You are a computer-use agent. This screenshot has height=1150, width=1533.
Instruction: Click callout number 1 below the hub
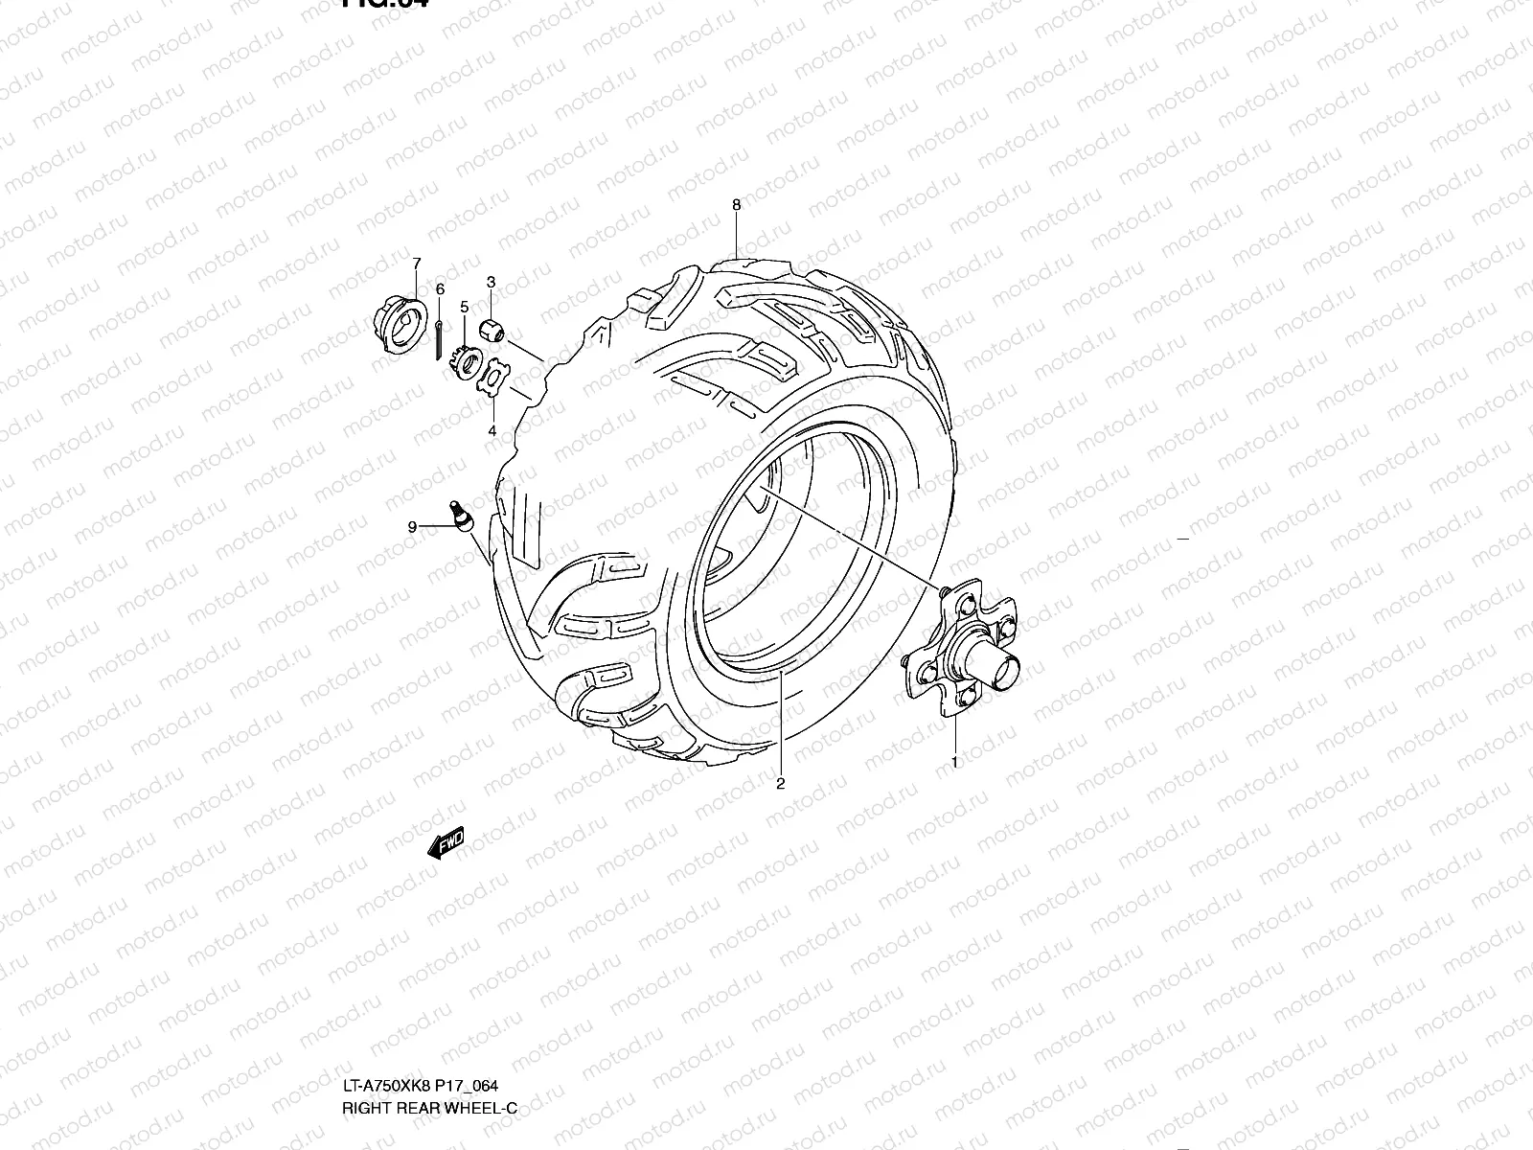[x=954, y=762]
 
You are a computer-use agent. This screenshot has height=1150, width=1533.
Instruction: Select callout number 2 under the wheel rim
[x=780, y=784]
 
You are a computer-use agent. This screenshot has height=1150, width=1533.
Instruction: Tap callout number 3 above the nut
[x=491, y=282]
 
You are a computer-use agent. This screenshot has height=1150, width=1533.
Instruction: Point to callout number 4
[x=492, y=431]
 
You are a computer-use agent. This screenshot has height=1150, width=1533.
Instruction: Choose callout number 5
[x=464, y=307]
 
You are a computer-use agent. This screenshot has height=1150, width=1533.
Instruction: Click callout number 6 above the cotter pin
[x=440, y=288]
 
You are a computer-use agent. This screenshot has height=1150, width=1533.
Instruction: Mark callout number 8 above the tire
[x=736, y=204]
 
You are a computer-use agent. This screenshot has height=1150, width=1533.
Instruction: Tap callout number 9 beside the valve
[x=412, y=526]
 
